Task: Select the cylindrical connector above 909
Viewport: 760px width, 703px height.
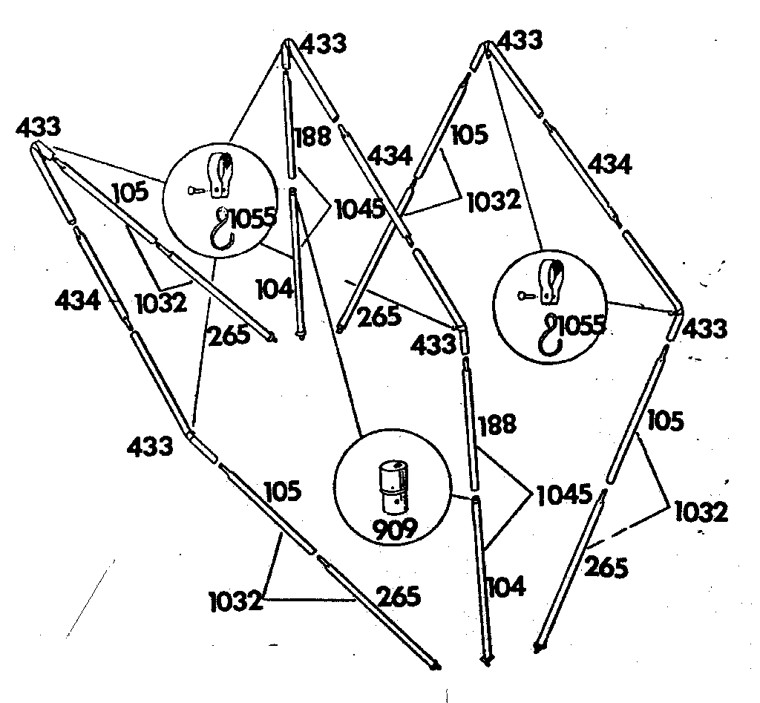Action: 394,487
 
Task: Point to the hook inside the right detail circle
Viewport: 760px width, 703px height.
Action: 551,335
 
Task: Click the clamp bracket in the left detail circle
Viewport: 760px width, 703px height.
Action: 220,175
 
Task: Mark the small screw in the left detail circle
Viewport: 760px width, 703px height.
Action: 196,191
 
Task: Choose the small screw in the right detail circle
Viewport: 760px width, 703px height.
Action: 526,295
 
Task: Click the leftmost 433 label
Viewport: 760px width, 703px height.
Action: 39,128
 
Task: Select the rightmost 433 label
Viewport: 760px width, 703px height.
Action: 704,328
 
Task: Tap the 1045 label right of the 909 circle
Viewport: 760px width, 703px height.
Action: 564,494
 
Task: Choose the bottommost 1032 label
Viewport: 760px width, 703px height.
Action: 236,601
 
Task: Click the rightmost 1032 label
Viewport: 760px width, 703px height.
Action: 701,512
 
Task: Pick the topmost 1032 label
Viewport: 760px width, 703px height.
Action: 494,200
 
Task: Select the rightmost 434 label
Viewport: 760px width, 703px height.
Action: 610,163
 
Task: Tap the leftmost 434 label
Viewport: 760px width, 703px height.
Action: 78,300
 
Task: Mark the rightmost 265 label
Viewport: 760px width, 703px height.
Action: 606,566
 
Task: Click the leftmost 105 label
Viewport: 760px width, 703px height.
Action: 131,192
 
